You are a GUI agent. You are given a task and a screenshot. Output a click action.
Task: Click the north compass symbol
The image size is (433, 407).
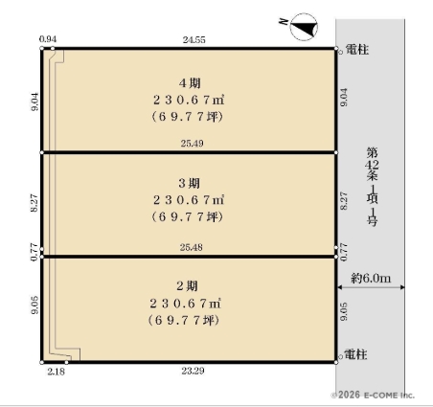pos(304,27)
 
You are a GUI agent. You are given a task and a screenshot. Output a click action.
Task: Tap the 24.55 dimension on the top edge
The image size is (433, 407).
pos(194,40)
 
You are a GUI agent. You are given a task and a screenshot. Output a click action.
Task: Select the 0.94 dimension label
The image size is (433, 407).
pos(48,39)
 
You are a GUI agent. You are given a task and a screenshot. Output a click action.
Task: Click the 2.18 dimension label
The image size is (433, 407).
pos(57,372)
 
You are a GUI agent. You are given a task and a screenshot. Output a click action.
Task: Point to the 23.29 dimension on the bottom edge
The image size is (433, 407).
pos(193,371)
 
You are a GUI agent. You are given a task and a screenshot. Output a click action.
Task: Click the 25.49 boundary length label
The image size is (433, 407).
pos(192,144)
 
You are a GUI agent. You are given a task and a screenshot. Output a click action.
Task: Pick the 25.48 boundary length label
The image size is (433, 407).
pos(191,247)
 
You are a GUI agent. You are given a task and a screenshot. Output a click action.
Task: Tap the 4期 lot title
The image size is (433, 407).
pos(190,83)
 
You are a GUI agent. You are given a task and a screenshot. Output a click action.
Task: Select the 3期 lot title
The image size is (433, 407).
pos(190,183)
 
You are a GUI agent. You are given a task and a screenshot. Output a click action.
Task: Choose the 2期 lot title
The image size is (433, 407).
pos(188,286)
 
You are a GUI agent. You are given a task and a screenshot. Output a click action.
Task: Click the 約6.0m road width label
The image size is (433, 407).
pos(371,278)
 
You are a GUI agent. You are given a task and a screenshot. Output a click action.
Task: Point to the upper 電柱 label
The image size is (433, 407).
pos(357,50)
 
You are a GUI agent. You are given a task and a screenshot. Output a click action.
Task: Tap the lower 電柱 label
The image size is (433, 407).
pos(355,354)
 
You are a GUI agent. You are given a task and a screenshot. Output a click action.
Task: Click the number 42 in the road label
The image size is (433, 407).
pos(372,165)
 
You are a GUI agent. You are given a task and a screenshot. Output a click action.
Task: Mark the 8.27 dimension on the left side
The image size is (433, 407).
pos(34,203)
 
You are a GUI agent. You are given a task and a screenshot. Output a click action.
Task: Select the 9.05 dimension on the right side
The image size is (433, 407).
pos(344,311)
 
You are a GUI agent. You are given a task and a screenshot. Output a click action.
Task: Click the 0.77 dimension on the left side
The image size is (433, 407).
pos(34,253)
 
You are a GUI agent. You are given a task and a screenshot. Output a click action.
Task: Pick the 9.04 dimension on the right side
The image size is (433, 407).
pos(344,98)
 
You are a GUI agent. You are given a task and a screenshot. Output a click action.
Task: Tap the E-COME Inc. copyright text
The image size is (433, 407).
pos(373,396)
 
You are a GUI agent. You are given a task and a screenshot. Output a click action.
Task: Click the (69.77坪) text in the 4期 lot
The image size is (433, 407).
pos(187,117)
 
